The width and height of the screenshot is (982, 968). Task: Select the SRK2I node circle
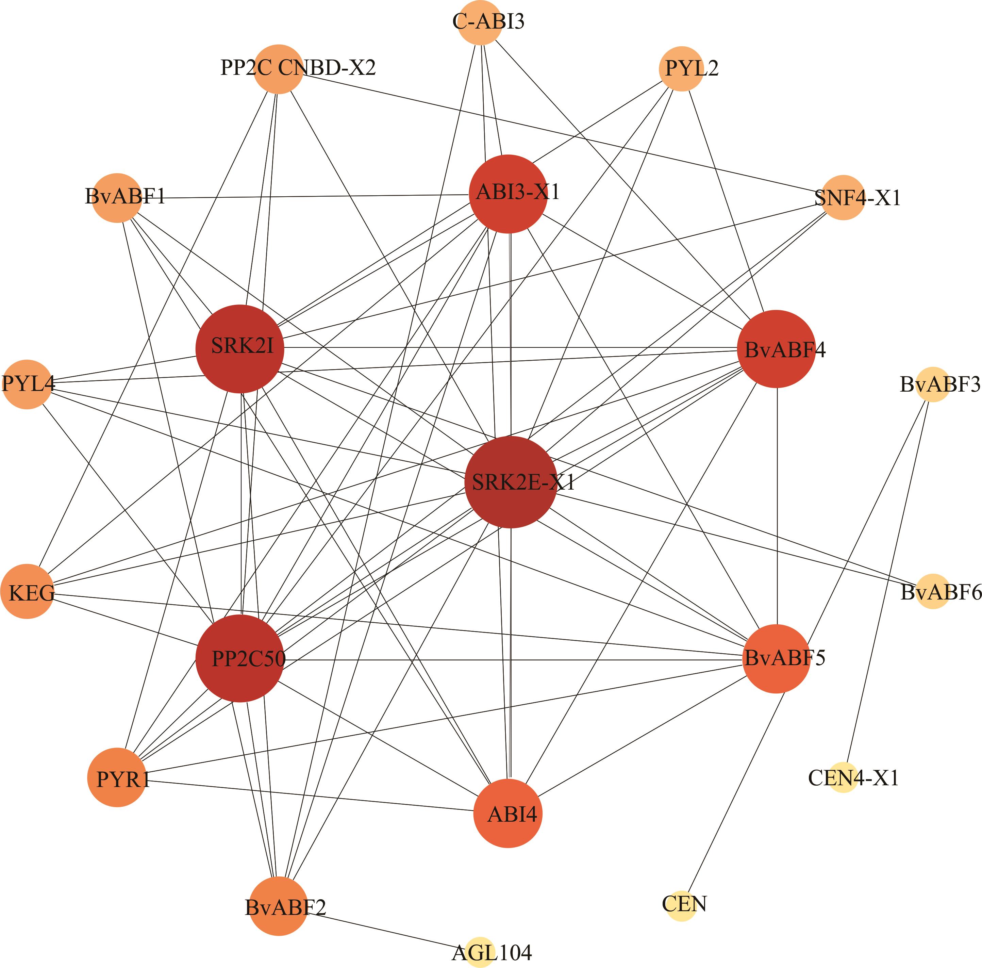pos(240,349)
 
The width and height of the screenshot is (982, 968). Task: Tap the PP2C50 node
pos(240,658)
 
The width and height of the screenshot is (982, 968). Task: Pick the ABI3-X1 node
pos(508,194)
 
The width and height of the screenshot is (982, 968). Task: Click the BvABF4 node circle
pos(776,349)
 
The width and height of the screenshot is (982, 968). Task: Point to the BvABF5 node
pos(776,658)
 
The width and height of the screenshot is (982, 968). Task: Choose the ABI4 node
pos(508,814)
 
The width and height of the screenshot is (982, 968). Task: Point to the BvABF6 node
pos(933,591)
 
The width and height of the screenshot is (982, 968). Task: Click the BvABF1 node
pos(117,197)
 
